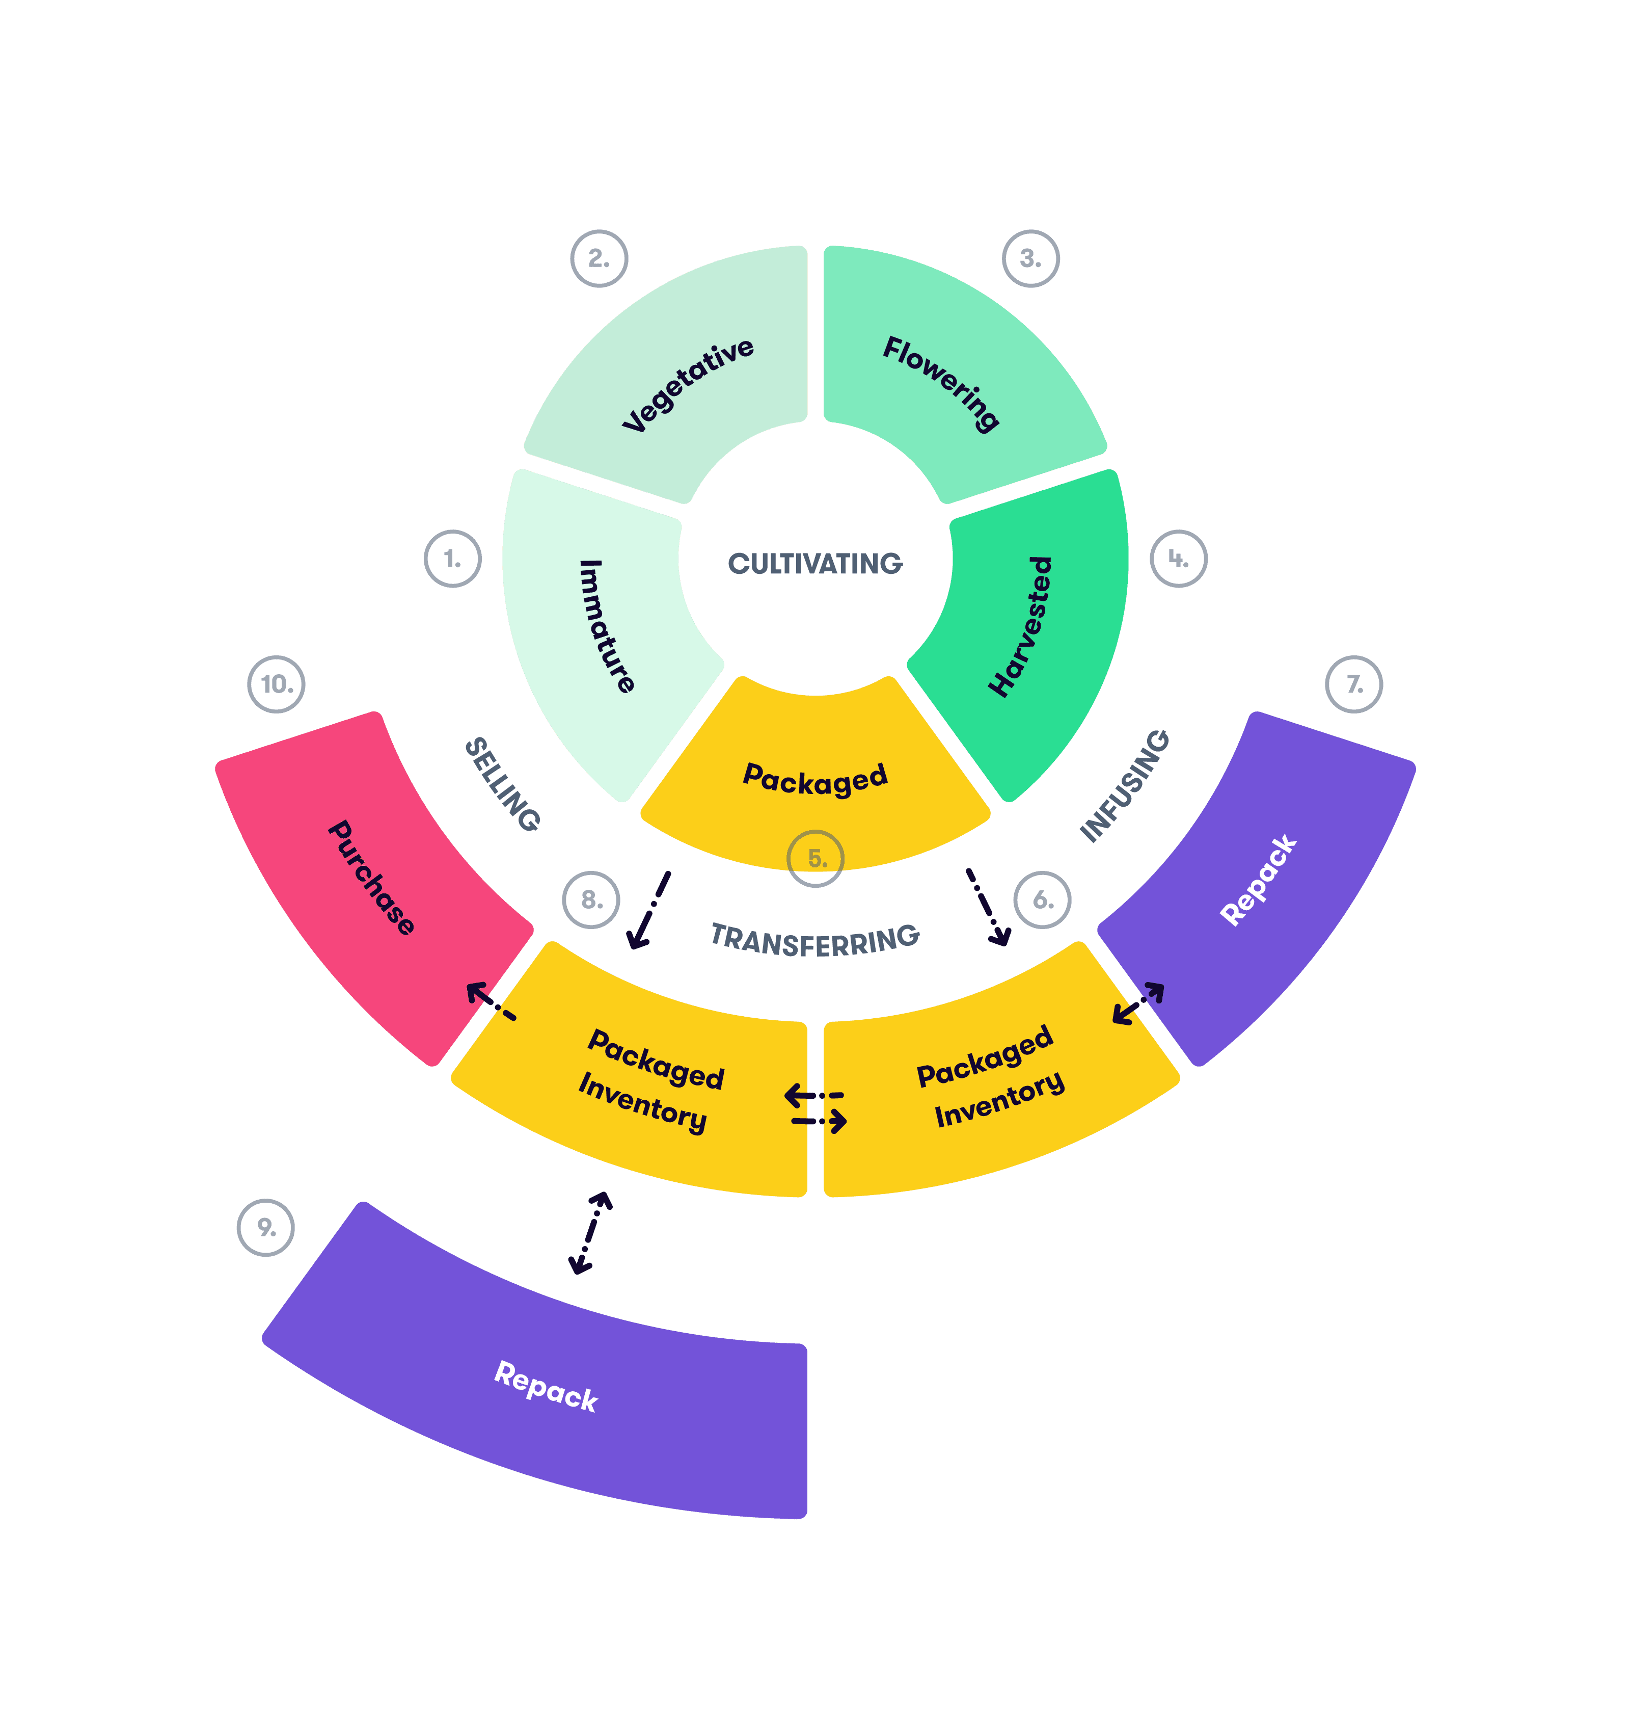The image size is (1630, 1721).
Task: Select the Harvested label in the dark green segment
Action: (1021, 626)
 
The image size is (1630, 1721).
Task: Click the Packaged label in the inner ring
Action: (815, 778)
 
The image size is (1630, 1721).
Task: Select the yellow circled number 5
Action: (815, 859)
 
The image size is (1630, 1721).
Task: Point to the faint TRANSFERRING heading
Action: (815, 939)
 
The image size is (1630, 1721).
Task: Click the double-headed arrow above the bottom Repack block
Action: (591, 1232)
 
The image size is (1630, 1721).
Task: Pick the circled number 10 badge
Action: (276, 685)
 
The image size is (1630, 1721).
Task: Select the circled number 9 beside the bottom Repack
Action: (266, 1227)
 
